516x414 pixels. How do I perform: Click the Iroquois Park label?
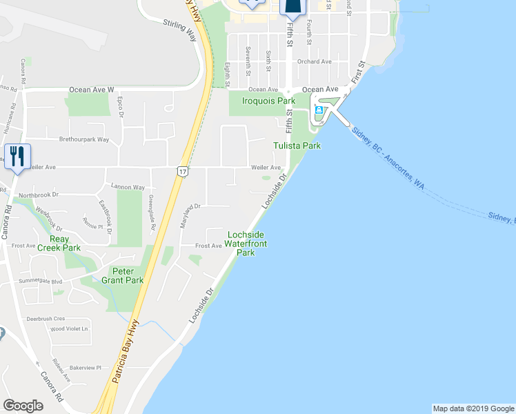(x=268, y=101)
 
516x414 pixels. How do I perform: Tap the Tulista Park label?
(x=297, y=146)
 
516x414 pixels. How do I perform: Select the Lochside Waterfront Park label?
(x=247, y=244)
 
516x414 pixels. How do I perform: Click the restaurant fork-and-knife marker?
(x=16, y=156)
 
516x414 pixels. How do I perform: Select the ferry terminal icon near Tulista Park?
(x=318, y=111)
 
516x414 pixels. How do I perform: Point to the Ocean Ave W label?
(x=91, y=90)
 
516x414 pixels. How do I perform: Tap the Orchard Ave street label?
(x=315, y=61)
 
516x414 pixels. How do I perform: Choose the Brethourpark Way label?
(x=84, y=139)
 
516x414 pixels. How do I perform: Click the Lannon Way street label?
(x=128, y=187)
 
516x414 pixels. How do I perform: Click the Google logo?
(x=23, y=406)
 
